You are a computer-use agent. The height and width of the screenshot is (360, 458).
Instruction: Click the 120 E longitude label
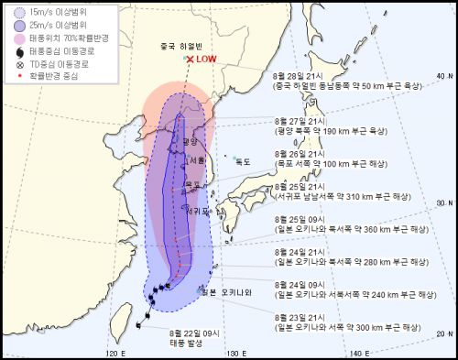[x=115, y=354]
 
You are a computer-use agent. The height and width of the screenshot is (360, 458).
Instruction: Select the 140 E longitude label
[x=360, y=354]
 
